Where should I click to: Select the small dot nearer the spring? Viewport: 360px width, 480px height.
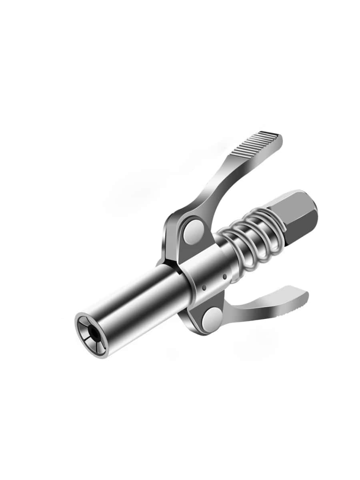[x=225, y=276]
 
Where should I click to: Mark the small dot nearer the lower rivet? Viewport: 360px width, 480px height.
[x=204, y=287]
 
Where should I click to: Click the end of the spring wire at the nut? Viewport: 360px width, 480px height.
[x=282, y=230]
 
